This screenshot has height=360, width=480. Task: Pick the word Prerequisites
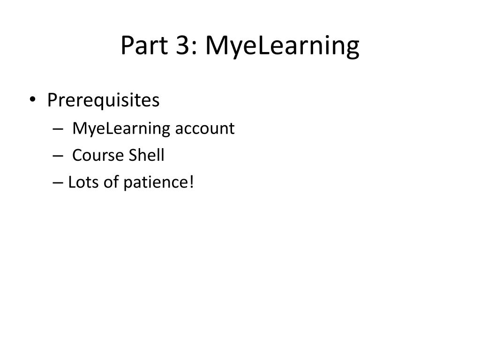point(103,100)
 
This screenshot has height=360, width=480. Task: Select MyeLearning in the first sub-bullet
point(121,128)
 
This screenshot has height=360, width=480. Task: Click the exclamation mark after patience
point(191,182)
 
